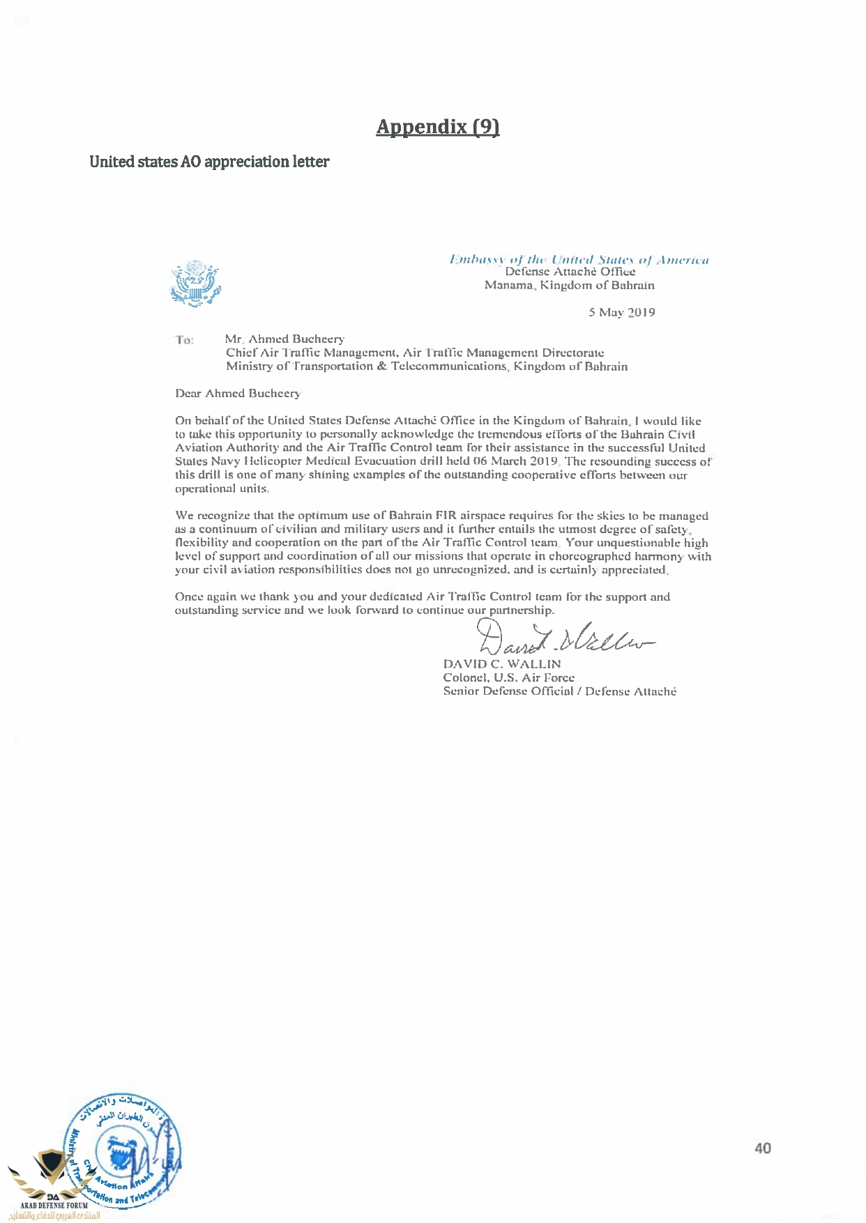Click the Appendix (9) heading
tap(437, 127)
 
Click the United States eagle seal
tap(195, 284)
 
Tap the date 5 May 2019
tap(621, 312)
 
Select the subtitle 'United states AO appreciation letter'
tap(209, 162)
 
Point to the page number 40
tap(762, 1148)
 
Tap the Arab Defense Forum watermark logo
tap(53, 1185)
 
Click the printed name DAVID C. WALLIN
tap(502, 664)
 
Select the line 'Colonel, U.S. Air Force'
tap(509, 677)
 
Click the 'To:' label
tap(185, 340)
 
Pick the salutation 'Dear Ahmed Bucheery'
tap(238, 394)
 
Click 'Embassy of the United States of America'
tap(579, 260)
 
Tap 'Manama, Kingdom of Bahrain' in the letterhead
tap(570, 285)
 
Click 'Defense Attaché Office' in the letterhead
tap(570, 272)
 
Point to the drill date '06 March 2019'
tap(515, 461)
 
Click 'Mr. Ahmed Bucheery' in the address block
tap(284, 339)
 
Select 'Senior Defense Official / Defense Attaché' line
tap(559, 691)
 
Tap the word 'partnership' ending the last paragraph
tap(521, 610)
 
